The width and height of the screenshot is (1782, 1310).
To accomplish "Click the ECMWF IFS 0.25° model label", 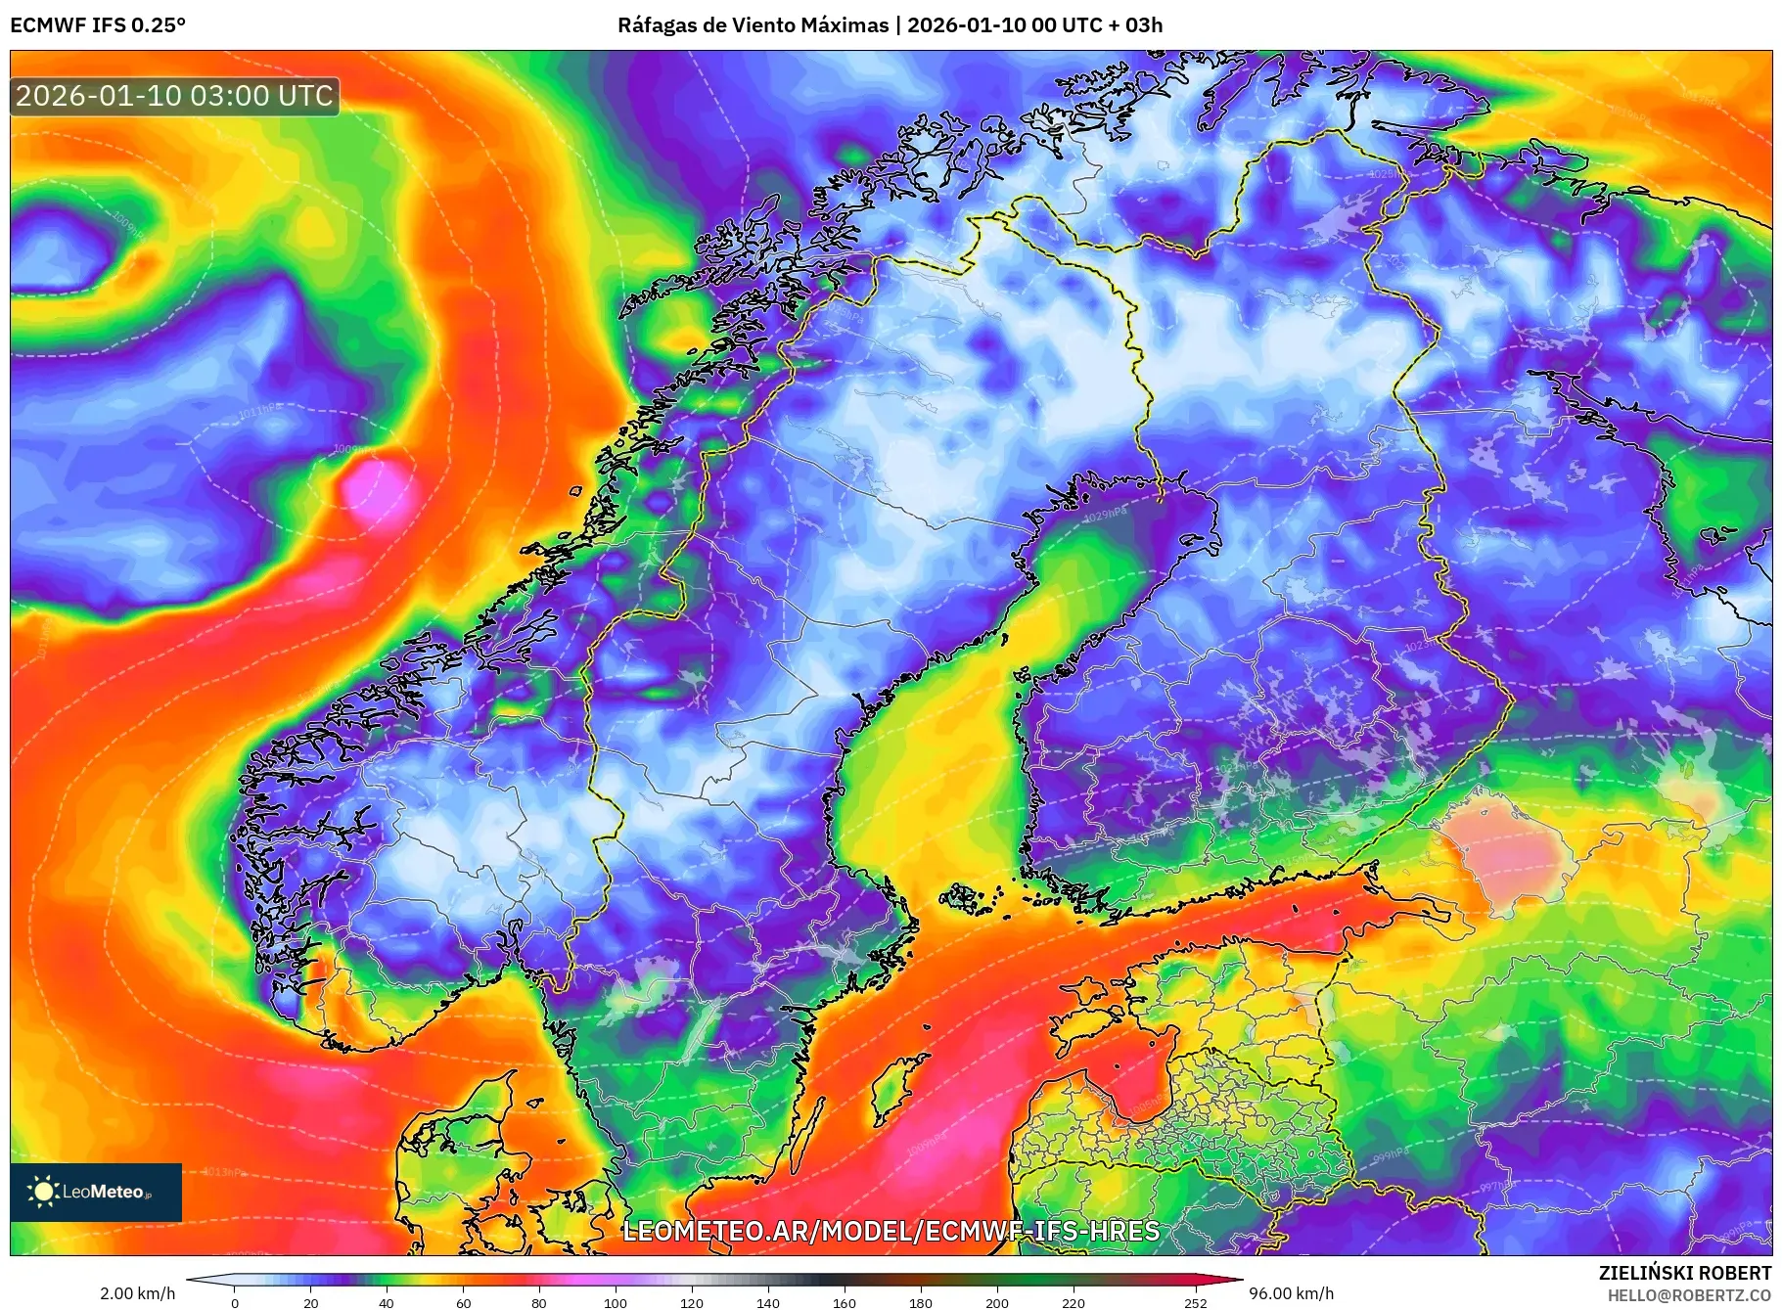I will pyautogui.click(x=98, y=25).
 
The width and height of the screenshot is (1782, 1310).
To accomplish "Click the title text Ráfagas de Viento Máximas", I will pyautogui.click(x=753, y=25).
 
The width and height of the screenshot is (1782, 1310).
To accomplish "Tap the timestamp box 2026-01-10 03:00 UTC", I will pyautogui.click(x=175, y=96).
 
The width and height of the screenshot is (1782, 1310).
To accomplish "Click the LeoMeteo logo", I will pyautogui.click(x=96, y=1192).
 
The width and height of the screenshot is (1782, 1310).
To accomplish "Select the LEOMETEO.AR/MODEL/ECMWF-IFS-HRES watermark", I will pyautogui.click(x=891, y=1231).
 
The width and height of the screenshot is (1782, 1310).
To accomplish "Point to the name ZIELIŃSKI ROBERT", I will pyautogui.click(x=1684, y=1273).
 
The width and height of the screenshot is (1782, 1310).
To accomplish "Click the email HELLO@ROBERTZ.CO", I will pyautogui.click(x=1689, y=1295).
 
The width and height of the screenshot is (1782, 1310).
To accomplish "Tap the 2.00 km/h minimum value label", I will pyautogui.click(x=138, y=1293).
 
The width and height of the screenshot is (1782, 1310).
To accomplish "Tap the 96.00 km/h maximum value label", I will pyautogui.click(x=1291, y=1293).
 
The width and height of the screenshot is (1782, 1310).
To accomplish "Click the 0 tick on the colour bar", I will pyautogui.click(x=235, y=1302).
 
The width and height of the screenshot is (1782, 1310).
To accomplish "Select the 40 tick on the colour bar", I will pyautogui.click(x=387, y=1302).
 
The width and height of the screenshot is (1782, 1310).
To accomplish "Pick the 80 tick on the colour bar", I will pyautogui.click(x=539, y=1302).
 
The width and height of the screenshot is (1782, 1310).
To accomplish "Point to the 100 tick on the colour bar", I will pyautogui.click(x=616, y=1302).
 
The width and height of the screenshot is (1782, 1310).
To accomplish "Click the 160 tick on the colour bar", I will pyautogui.click(x=845, y=1302).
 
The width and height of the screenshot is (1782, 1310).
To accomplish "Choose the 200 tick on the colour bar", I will pyautogui.click(x=997, y=1302).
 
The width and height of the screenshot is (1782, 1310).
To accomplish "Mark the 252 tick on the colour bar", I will pyautogui.click(x=1195, y=1302).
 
